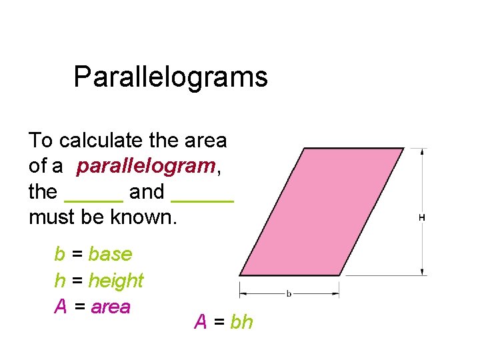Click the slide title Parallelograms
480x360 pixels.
171,77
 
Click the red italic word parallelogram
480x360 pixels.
145,167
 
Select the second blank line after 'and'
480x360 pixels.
203,197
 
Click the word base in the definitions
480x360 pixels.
110,255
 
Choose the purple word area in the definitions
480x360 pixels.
110,307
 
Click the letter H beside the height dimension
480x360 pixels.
422,218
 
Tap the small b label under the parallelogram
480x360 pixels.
289,293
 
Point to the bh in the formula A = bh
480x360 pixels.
241,323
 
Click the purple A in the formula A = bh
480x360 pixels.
200,323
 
